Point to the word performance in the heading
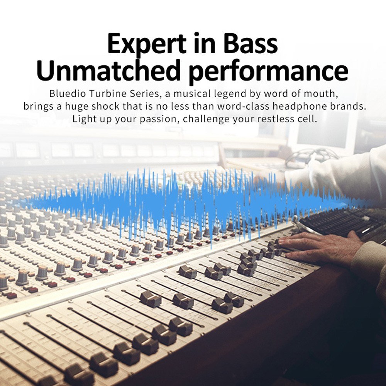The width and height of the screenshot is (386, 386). click(x=269, y=71)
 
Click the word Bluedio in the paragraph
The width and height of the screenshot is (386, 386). click(x=68, y=93)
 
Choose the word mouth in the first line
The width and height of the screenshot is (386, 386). click(x=319, y=94)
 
